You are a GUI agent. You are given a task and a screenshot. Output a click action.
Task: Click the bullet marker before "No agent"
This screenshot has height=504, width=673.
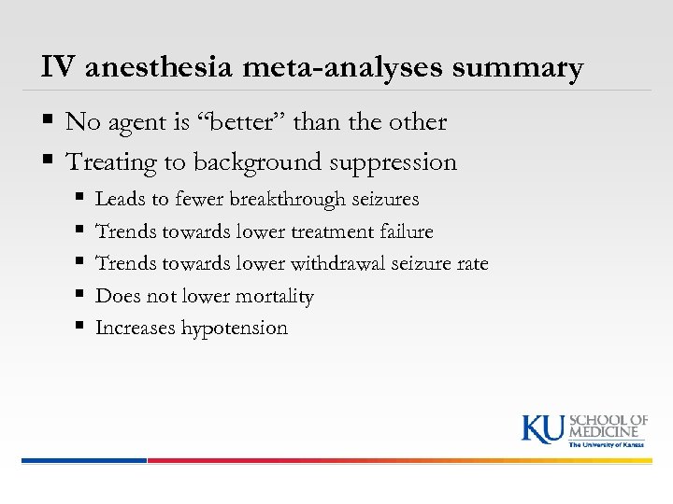[48, 122]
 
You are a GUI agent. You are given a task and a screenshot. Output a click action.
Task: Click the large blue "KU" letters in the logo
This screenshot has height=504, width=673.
[542, 428]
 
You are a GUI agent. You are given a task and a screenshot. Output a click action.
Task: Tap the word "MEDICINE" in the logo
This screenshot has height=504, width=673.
[609, 431]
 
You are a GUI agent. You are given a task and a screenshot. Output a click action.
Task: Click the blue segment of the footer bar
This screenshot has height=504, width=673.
[84, 460]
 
